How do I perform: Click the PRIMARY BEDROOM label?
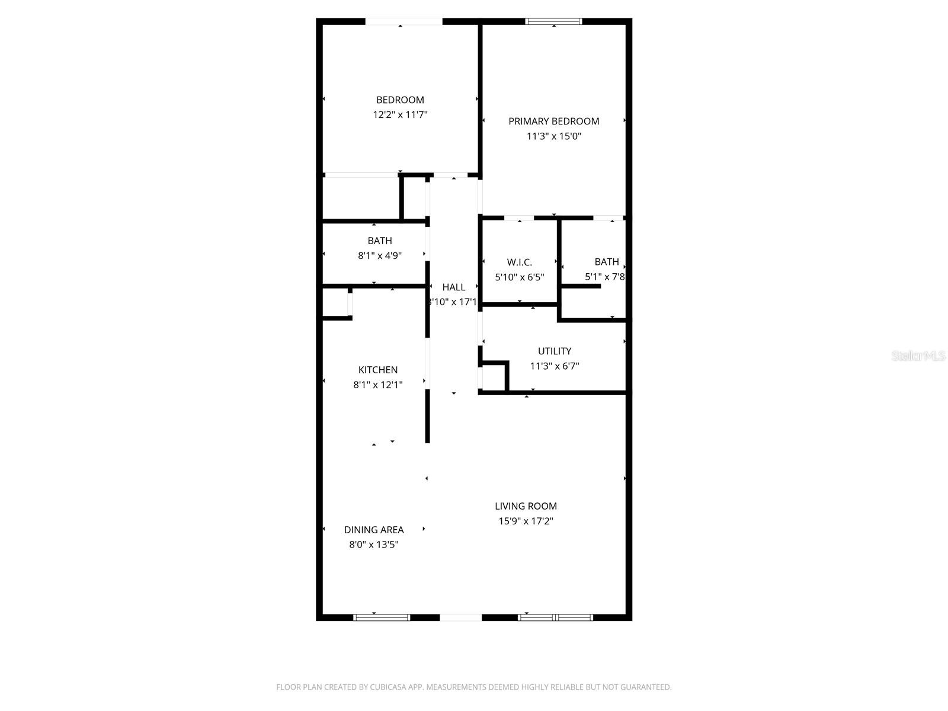pos(553,121)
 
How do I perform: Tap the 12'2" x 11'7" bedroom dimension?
pos(400,115)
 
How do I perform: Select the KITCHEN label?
pos(377,370)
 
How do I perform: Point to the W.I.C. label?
pos(519,262)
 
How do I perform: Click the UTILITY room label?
pos(554,351)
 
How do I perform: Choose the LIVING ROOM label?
pos(526,506)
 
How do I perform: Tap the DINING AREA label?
pos(374,530)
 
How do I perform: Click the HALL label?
pos(453,287)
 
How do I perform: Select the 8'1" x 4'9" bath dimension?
pos(379,256)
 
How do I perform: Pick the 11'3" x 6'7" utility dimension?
pos(554,366)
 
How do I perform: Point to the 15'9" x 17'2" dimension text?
pos(526,521)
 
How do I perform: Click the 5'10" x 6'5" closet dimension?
pos(519,277)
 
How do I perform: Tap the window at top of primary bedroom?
pos(553,22)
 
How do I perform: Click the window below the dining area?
pos(382,617)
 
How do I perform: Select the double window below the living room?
pos(555,617)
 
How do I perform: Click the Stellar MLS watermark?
pos(918,356)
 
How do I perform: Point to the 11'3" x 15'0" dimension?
pos(553,136)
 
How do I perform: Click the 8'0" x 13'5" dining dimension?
pos(374,545)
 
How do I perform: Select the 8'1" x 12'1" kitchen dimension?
pos(377,385)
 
